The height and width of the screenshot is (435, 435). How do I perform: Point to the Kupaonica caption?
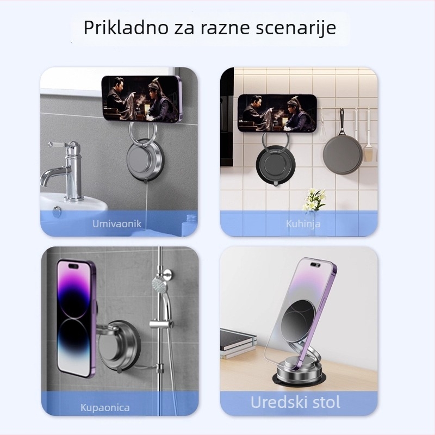tap(105, 407)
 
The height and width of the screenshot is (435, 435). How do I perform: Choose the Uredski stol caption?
tap(295, 402)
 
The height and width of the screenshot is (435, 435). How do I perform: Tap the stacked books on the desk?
tap(238, 343)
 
